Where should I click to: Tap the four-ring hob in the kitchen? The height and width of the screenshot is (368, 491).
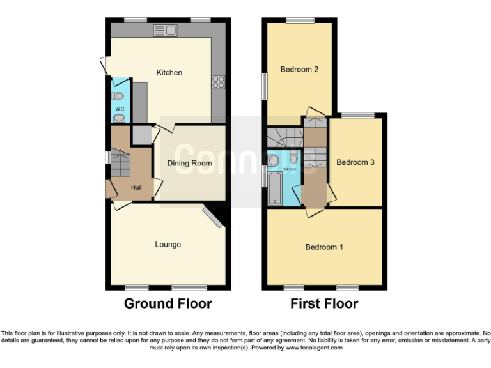(219, 81)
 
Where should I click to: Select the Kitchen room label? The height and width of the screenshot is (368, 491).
(169, 73)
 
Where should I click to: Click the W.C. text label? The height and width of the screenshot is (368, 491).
(120, 109)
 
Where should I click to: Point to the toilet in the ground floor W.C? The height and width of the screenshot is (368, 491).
(118, 96)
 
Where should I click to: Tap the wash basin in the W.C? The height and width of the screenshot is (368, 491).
(120, 117)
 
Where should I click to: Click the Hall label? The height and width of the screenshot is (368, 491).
(136, 187)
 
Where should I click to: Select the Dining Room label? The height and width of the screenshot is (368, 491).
(189, 164)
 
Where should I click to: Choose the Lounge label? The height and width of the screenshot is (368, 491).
(168, 244)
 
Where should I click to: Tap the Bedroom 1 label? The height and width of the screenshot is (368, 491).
(324, 247)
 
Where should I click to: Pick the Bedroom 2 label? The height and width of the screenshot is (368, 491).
(299, 70)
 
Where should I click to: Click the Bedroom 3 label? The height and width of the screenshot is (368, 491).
(355, 162)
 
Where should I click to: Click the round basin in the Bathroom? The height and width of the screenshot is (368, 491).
(274, 159)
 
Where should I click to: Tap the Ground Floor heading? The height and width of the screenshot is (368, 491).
(168, 303)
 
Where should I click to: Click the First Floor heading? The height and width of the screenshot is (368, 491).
(324, 303)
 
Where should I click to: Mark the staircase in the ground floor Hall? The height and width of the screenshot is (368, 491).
(120, 164)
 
